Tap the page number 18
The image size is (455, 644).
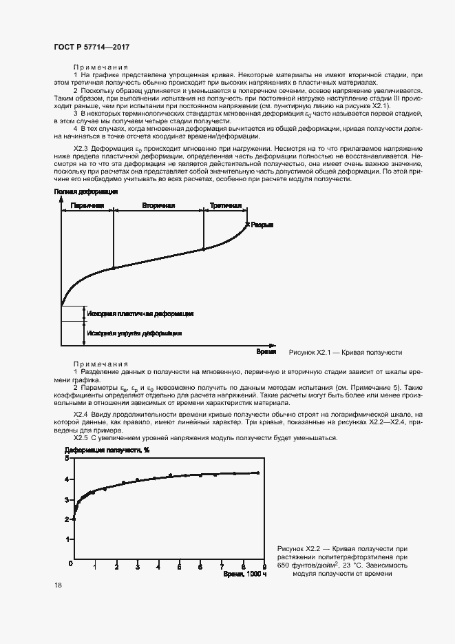coord(57,585)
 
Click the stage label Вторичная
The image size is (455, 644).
coord(158,205)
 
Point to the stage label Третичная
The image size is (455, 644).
coord(225,205)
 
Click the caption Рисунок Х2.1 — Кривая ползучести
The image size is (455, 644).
coord(345,352)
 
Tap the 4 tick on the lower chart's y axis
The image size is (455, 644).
coord(66,479)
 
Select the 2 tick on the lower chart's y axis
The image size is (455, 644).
coord(66,519)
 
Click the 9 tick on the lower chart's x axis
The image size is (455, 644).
coord(264,566)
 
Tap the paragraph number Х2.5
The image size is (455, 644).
coord(82,438)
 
